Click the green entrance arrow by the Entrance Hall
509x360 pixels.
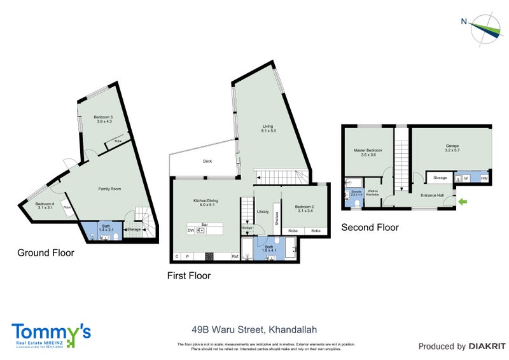(462, 202)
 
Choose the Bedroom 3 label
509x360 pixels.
(103, 119)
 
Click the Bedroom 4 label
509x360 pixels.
(45, 205)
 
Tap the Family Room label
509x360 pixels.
(109, 189)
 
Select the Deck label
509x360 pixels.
(207, 162)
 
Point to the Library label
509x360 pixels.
(263, 212)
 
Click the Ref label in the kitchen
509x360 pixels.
(235, 257)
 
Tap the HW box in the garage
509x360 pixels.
(484, 178)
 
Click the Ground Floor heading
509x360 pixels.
(45, 253)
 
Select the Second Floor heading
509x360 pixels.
(370, 227)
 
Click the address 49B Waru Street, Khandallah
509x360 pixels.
(254, 329)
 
